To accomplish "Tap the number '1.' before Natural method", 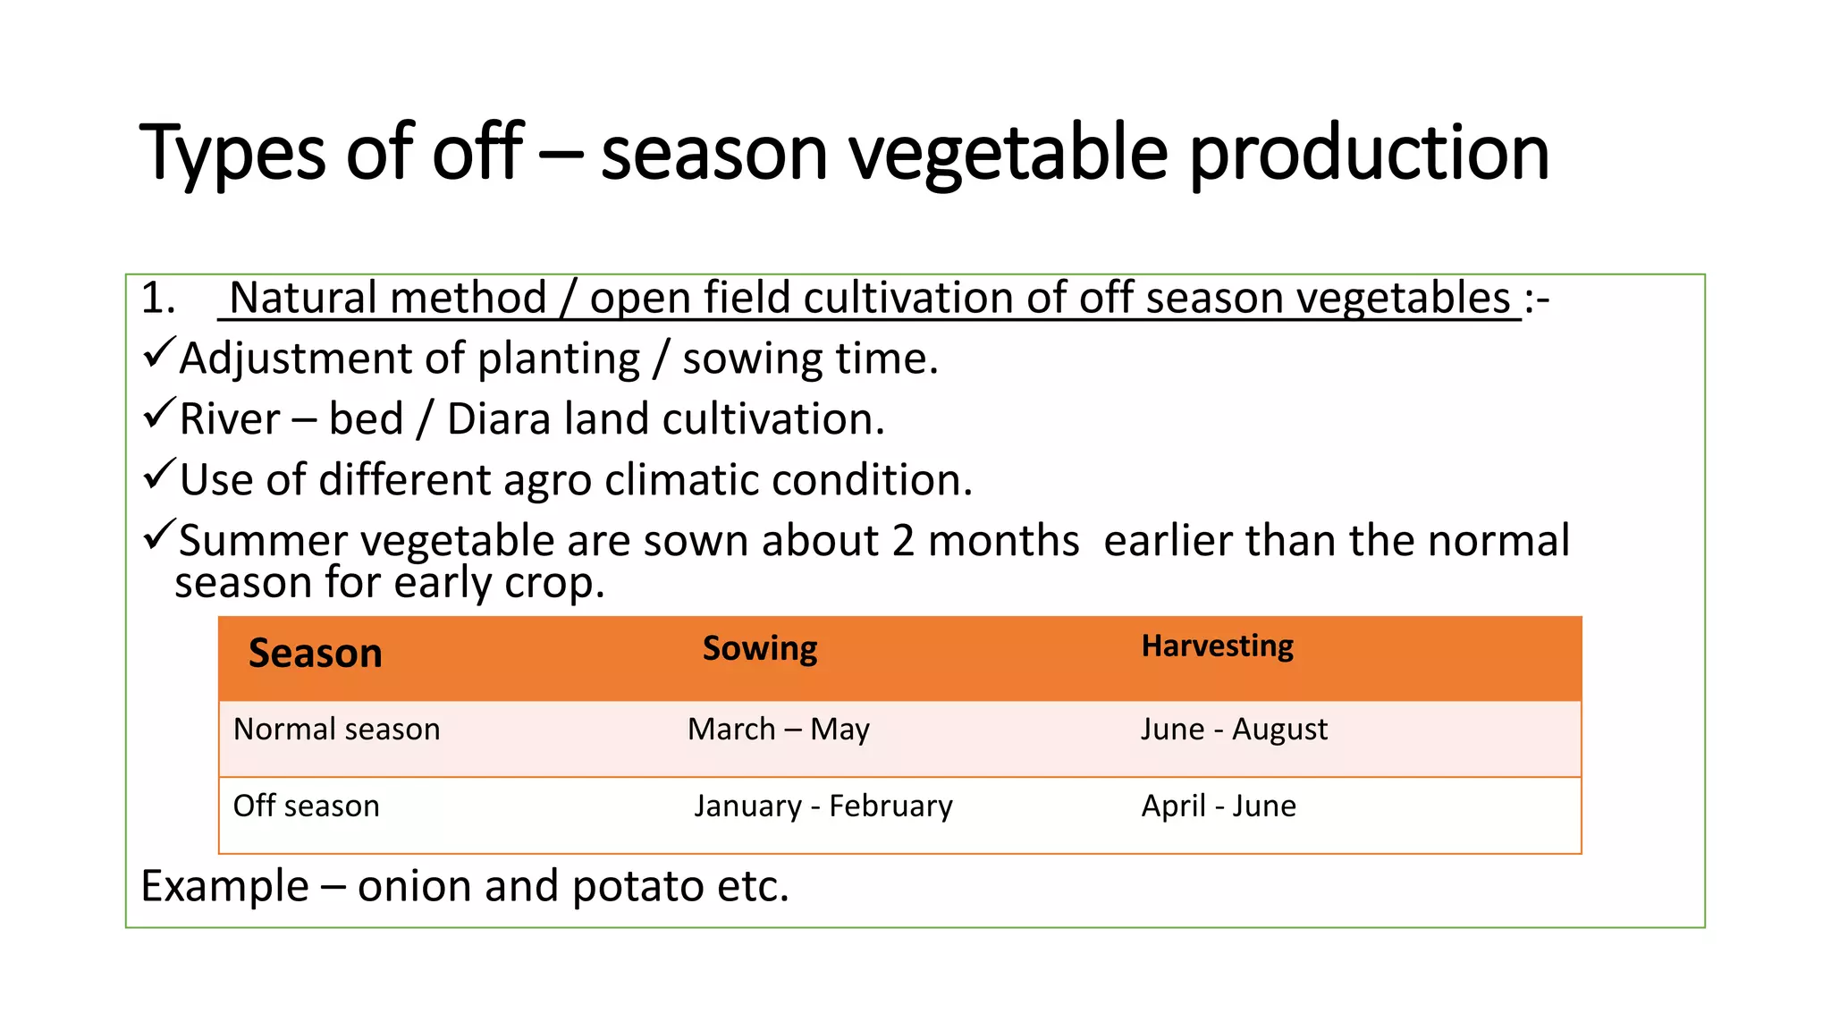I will click(158, 298).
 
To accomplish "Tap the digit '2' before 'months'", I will click(903, 541).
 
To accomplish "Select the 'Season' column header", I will click(315, 654).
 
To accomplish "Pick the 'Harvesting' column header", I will click(1217, 646).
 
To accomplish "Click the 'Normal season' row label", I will click(336, 730).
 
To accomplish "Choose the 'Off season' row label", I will click(306, 806).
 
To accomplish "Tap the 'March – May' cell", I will click(778, 730).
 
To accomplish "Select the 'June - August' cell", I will click(1234, 730).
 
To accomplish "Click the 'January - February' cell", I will click(823, 806).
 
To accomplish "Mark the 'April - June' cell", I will click(1218, 806).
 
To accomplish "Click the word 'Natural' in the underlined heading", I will click(298, 298).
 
